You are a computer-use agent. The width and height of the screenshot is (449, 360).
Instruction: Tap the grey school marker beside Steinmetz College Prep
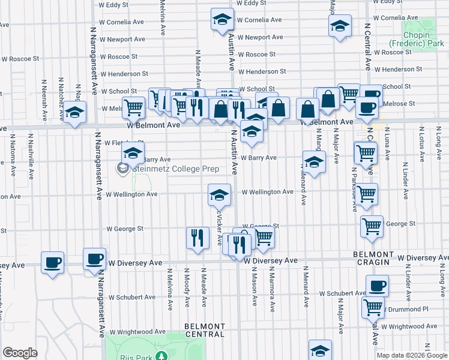pyautogui.click(x=124, y=169)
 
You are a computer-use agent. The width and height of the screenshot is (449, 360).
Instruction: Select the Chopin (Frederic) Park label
pyautogui.click(x=409, y=39)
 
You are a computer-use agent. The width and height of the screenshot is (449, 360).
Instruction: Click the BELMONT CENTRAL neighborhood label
pyautogui.click(x=196, y=329)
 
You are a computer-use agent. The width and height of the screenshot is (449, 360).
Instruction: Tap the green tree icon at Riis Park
pyautogui.click(x=161, y=356)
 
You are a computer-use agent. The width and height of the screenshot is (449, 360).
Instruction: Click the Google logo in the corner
pyautogui.click(x=20, y=352)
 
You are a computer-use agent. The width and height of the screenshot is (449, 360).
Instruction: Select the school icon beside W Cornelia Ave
pyautogui.click(x=221, y=20)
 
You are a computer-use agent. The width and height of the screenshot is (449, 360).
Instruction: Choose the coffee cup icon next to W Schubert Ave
pyautogui.click(x=377, y=286)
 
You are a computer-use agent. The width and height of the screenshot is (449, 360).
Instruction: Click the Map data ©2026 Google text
pyautogui.click(x=412, y=355)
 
